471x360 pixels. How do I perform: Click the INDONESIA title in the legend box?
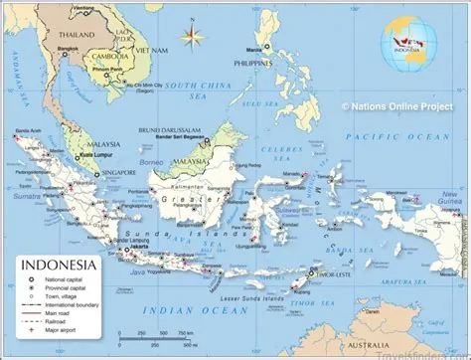tap(60, 266)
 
